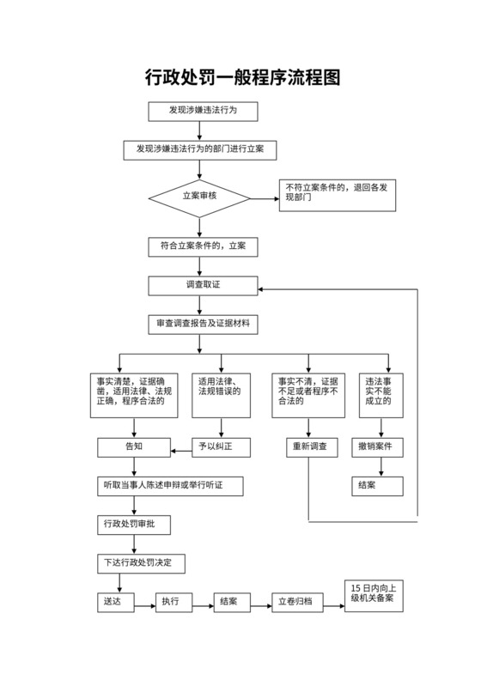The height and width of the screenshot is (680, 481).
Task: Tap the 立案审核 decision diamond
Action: (x=199, y=197)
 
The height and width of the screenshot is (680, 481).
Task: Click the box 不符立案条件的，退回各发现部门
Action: (x=338, y=196)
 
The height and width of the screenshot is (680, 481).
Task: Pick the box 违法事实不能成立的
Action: (x=379, y=392)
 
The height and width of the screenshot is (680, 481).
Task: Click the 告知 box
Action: (x=135, y=446)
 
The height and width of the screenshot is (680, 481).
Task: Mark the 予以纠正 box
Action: (x=222, y=446)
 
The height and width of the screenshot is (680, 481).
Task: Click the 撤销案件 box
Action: (x=379, y=446)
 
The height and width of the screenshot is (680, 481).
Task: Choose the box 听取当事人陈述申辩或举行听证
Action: (x=168, y=486)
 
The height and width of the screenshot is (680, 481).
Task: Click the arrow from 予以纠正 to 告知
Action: (x=183, y=446)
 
